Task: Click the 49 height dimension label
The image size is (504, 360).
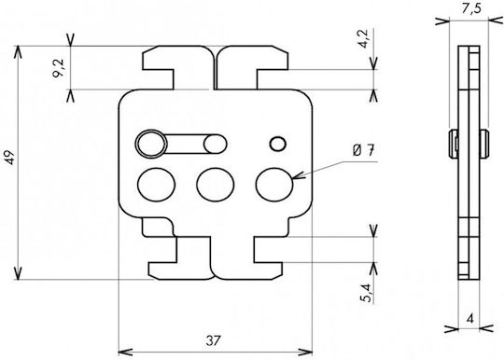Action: (10, 157)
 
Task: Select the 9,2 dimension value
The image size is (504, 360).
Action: (59, 68)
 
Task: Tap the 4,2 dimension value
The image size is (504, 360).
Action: (364, 38)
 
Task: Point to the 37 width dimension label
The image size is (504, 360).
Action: (213, 340)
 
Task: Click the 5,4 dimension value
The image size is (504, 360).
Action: (366, 293)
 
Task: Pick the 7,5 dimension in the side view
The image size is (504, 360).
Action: (471, 8)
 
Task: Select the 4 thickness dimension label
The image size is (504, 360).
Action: (470, 319)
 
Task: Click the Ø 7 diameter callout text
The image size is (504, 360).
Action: (364, 150)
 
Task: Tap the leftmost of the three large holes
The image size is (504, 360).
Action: (156, 185)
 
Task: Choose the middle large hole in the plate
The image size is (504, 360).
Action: (216, 185)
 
